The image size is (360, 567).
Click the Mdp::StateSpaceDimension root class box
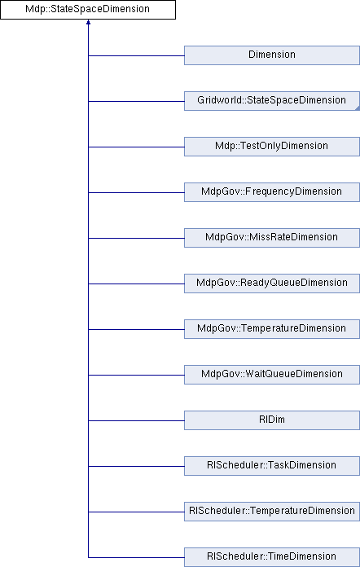click(88, 10)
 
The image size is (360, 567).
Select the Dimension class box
click(272, 55)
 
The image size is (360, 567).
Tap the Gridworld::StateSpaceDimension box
click(272, 101)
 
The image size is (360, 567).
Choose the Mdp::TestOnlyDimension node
click(272, 147)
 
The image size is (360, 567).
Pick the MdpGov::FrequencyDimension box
click(272, 192)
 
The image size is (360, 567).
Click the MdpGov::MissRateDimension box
click(272, 238)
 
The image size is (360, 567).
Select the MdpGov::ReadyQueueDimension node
click(272, 283)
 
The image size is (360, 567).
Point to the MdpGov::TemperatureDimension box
click(272, 328)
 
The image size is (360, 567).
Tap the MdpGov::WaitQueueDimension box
click(272, 374)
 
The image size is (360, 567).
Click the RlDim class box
click(272, 420)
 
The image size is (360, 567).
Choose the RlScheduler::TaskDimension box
click(272, 465)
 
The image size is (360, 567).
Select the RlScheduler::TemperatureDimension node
click(272, 512)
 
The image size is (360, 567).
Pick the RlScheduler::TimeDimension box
click(272, 557)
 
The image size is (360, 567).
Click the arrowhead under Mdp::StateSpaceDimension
click(88, 22)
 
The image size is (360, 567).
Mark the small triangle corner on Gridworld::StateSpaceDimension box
click(358, 108)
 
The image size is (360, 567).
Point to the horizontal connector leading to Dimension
click(136, 55)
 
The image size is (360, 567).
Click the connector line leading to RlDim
click(136, 420)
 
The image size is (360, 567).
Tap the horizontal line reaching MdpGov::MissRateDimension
click(136, 238)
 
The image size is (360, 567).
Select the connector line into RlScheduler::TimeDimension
click(136, 557)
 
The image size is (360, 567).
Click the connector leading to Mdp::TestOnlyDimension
click(136, 147)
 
